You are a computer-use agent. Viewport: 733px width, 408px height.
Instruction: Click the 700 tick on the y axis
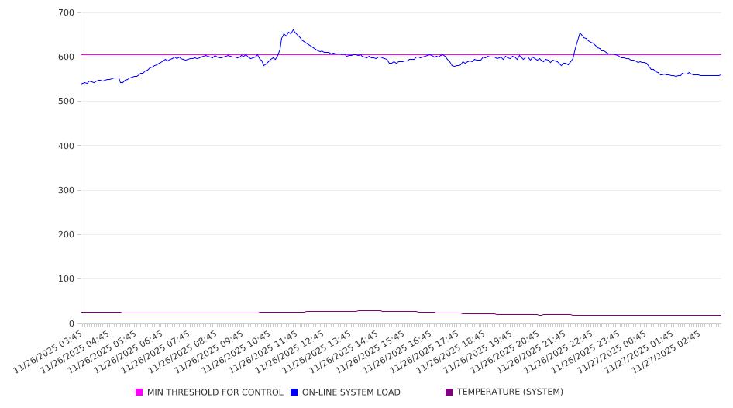pyautogui.click(x=66, y=13)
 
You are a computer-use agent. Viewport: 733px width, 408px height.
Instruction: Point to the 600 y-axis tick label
pyautogui.click(x=66, y=57)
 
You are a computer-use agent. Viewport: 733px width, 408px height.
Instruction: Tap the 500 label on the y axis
pyautogui.click(x=66, y=102)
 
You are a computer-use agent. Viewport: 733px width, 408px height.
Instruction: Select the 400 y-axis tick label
pyautogui.click(x=66, y=146)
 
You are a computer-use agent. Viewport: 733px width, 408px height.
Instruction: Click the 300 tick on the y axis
pyautogui.click(x=66, y=190)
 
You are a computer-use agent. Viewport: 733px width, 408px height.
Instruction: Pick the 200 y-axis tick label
pyautogui.click(x=66, y=234)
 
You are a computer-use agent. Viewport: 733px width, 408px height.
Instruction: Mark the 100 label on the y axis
pyautogui.click(x=66, y=279)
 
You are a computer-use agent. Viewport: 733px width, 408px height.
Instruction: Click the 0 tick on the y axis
pyautogui.click(x=71, y=323)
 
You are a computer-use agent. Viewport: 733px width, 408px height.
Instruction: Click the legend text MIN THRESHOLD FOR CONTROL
pyautogui.click(x=215, y=392)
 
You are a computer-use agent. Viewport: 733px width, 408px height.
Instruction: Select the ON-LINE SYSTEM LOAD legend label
pyautogui.click(x=351, y=392)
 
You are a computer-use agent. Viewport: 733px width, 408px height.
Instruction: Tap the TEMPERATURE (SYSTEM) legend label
pyautogui.click(x=510, y=392)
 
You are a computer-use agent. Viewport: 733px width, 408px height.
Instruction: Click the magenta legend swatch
pyautogui.click(x=139, y=392)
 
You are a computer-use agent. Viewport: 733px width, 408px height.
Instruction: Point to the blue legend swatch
pyautogui.click(x=294, y=392)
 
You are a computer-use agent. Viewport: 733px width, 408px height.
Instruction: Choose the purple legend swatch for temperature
pyautogui.click(x=449, y=392)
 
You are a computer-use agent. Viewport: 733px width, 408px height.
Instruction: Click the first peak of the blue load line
pyautogui.click(x=293, y=30)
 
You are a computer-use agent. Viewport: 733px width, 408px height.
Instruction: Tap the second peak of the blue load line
pyautogui.click(x=580, y=33)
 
